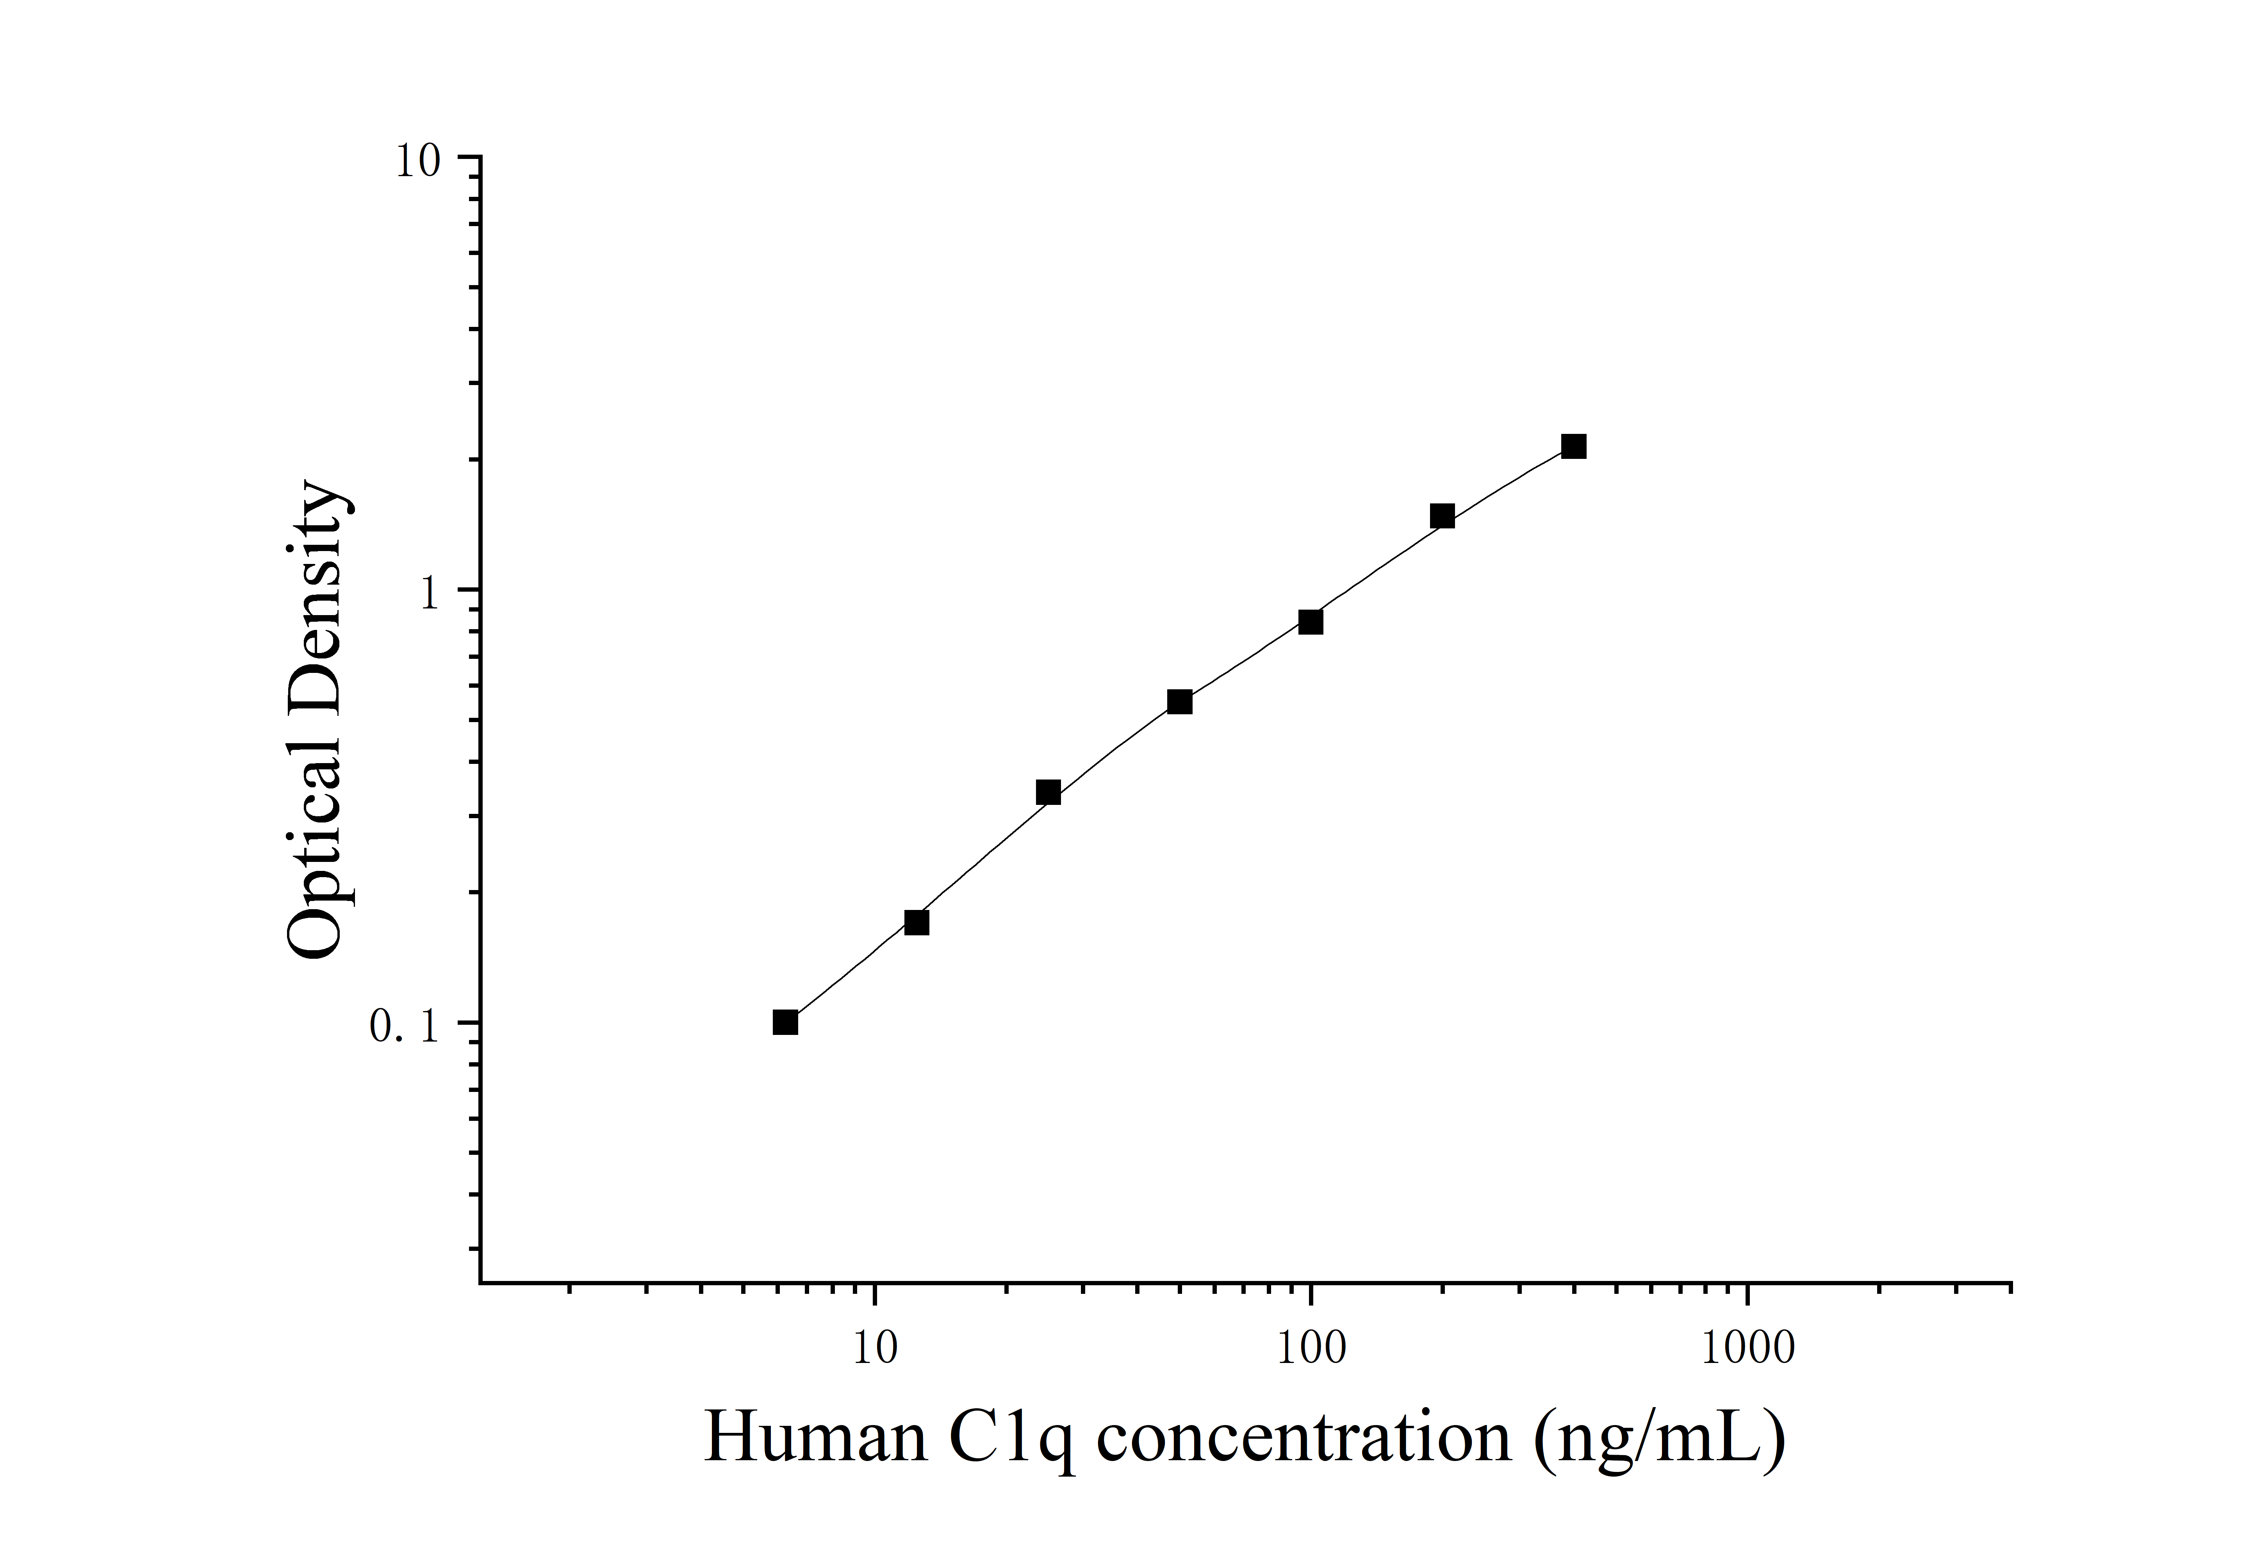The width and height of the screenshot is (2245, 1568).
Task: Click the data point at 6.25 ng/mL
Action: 785,1022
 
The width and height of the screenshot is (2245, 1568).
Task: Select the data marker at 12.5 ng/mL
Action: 916,922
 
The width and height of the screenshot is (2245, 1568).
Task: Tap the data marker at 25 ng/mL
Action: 1048,792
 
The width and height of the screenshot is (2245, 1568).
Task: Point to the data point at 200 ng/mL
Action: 1442,516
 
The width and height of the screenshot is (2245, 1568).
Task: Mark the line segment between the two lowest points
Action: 851,972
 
